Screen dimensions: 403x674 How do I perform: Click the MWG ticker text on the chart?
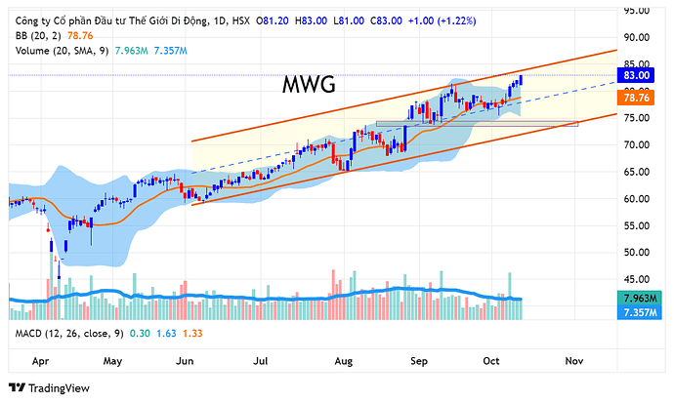(x=311, y=84)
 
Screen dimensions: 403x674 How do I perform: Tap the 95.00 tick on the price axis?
(x=636, y=11)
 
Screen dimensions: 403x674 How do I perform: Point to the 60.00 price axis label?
(x=636, y=199)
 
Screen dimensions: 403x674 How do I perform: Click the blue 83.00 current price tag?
(x=637, y=75)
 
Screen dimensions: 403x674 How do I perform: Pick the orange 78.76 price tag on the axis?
(x=637, y=98)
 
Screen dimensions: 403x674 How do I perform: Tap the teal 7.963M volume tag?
(x=637, y=298)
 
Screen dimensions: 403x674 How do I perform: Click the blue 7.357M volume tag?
(x=637, y=311)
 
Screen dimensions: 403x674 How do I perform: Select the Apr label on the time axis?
(x=42, y=360)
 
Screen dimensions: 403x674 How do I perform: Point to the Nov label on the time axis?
(x=574, y=360)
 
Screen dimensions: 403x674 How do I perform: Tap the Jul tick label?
(x=262, y=360)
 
